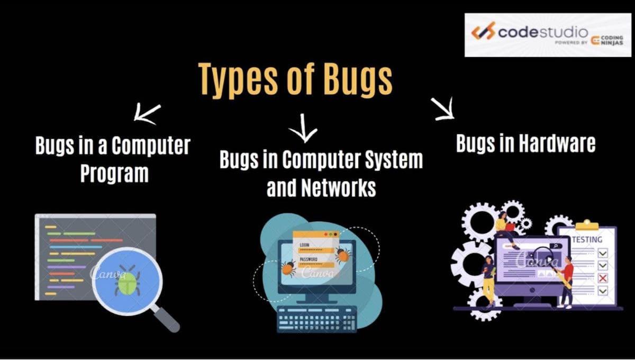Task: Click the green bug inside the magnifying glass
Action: pos(127,281)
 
